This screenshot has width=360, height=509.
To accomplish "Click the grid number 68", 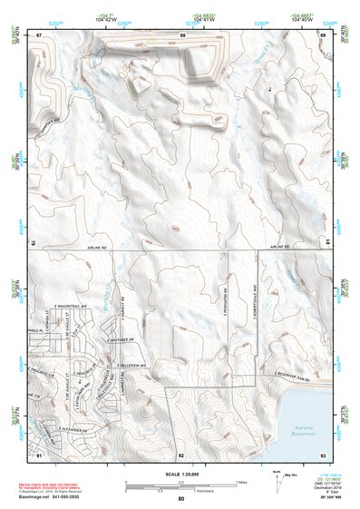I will click(182, 34).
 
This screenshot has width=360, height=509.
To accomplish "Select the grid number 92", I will click(181, 453).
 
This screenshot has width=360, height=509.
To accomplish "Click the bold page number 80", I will click(180, 498).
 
